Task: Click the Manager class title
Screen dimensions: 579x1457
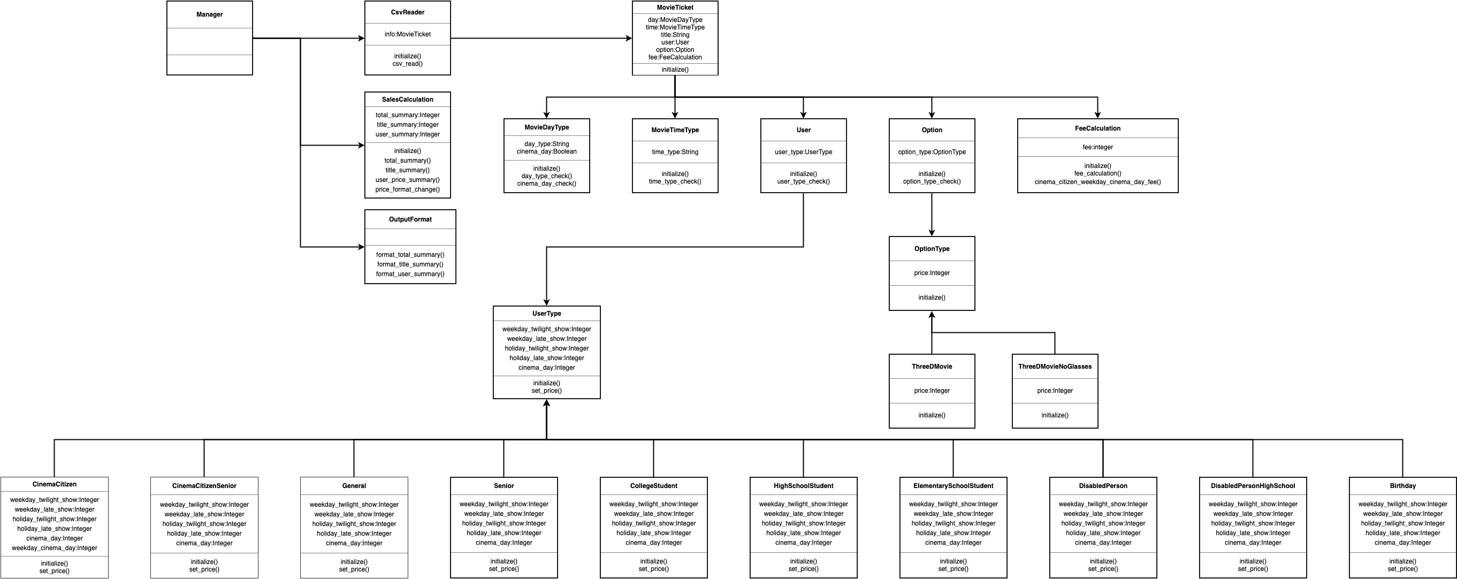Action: pyautogui.click(x=209, y=14)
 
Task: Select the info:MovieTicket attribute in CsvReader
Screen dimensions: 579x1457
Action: pyautogui.click(x=407, y=34)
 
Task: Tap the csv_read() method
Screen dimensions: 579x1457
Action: pyautogui.click(x=407, y=64)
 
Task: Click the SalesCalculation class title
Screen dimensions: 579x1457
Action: pyautogui.click(x=407, y=100)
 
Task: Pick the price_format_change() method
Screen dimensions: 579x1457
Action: pyautogui.click(x=407, y=189)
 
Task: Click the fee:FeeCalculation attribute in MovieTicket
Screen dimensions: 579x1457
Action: pyautogui.click(x=675, y=58)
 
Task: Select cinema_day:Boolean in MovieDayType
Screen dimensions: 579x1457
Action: pyautogui.click(x=546, y=151)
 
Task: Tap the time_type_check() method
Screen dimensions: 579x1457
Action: pyautogui.click(x=675, y=181)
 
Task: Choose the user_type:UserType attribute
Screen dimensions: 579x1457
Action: pyautogui.click(x=803, y=152)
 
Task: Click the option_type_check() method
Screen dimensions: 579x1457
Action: pyautogui.click(x=932, y=181)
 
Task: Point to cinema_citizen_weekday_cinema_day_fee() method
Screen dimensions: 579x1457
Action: pyautogui.click(x=1097, y=182)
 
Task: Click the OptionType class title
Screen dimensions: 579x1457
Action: pyautogui.click(x=932, y=249)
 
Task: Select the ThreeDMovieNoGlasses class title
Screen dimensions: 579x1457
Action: pyautogui.click(x=1055, y=367)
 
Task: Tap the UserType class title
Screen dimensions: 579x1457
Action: pyautogui.click(x=546, y=314)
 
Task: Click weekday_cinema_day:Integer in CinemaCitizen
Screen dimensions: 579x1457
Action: pyautogui.click(x=54, y=548)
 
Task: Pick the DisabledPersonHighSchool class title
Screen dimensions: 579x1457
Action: pyautogui.click(x=1253, y=486)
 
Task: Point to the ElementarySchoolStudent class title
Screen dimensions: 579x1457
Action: pyautogui.click(x=953, y=486)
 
